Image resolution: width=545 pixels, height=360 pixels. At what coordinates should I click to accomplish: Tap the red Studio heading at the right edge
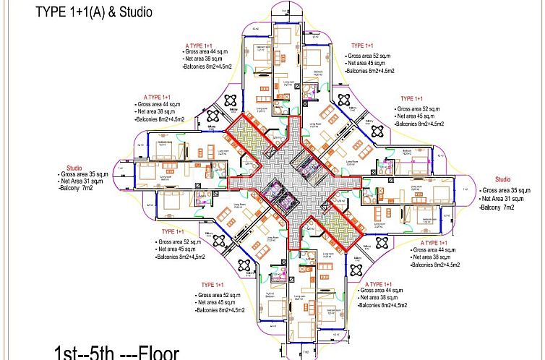(502, 179)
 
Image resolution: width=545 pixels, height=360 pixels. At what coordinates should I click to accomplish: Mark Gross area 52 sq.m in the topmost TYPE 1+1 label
(371, 56)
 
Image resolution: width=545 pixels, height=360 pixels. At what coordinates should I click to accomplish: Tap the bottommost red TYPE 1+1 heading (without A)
(215, 284)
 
